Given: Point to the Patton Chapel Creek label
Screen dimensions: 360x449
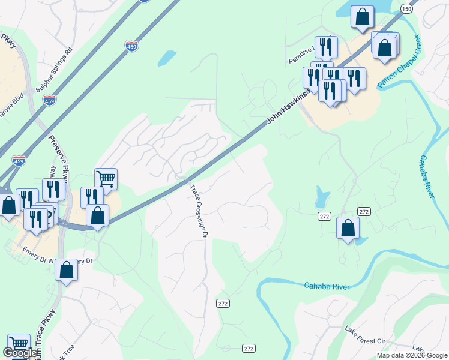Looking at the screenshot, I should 400,63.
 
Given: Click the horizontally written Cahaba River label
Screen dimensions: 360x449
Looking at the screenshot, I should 327,286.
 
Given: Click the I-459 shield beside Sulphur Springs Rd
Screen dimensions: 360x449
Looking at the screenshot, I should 50,100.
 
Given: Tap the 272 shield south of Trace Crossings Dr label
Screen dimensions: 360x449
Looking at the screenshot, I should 223,304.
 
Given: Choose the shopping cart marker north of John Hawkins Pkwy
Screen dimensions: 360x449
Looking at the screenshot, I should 106,178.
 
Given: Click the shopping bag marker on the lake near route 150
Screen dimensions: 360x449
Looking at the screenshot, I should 362,17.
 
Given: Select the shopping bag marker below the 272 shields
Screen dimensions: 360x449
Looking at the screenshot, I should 348,227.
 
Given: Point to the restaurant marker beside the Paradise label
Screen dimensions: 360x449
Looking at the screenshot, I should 326,46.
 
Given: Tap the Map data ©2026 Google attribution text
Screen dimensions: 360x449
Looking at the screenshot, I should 411,355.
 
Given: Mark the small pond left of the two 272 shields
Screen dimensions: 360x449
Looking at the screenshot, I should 322,196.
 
